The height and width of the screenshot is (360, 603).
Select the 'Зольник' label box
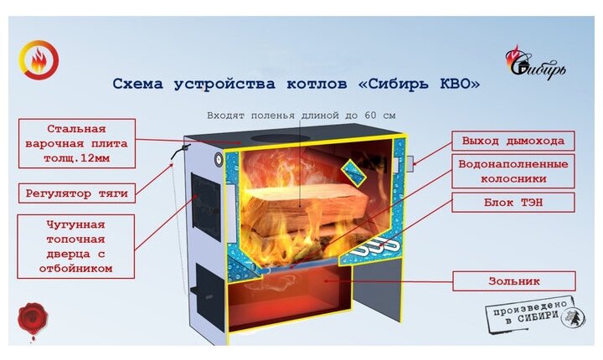(513, 281)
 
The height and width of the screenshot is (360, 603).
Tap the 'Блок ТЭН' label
(513, 203)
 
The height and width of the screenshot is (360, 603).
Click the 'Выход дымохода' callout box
(513, 141)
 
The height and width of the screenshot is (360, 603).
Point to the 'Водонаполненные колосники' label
(513, 172)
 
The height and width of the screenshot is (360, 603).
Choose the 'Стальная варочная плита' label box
(76, 144)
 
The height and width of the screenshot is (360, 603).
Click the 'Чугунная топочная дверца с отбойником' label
(76, 246)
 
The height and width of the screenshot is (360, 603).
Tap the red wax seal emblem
(33, 321)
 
